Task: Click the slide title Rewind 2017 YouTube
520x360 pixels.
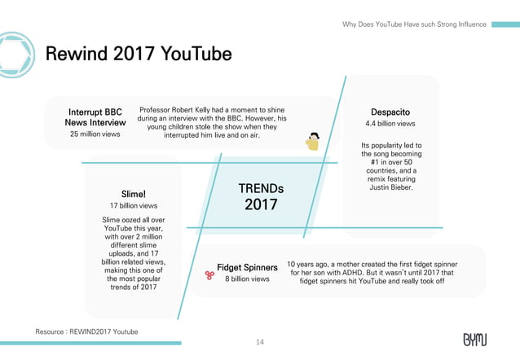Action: pos(139,55)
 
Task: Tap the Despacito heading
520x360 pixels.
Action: pos(390,111)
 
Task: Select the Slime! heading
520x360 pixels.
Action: pos(133,194)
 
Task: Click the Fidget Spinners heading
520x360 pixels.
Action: pos(247,267)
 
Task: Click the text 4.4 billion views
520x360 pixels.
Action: pos(390,124)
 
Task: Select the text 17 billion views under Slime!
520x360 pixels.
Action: pos(133,206)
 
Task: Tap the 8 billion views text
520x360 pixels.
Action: pos(247,279)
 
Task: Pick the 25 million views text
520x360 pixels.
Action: pos(95,134)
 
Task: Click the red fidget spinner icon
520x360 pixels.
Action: pos(209,274)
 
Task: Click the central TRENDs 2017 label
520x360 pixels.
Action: pos(261,196)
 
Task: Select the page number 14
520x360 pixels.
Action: pos(260,342)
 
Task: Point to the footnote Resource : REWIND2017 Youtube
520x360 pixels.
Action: pos(86,331)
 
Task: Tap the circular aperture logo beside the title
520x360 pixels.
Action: pos(13,54)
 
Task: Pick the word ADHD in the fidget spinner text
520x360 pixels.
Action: pos(373,273)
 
